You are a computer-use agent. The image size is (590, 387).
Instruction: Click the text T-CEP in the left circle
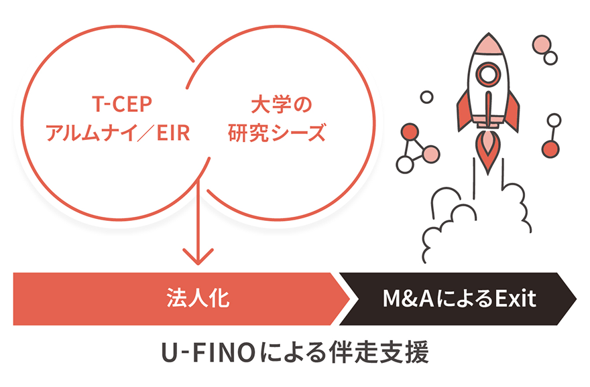coord(121,104)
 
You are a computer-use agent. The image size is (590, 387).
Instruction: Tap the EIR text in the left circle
coord(173,133)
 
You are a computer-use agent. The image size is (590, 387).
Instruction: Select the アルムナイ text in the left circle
coord(85,133)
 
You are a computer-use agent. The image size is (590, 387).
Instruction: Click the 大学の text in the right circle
coord(282,104)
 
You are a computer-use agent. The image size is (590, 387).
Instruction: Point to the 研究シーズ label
coord(276,133)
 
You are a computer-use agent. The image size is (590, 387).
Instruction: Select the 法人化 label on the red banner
coord(198,299)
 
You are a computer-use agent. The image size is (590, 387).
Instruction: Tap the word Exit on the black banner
coord(515,299)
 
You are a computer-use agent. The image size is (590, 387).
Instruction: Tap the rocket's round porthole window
coord(488,73)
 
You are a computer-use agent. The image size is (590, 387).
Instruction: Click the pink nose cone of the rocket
coord(488,44)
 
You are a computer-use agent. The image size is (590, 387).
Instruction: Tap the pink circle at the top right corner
coord(542,45)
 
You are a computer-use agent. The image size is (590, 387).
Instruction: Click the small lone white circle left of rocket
coord(426,97)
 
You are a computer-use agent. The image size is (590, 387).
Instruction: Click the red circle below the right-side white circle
coord(550,149)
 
